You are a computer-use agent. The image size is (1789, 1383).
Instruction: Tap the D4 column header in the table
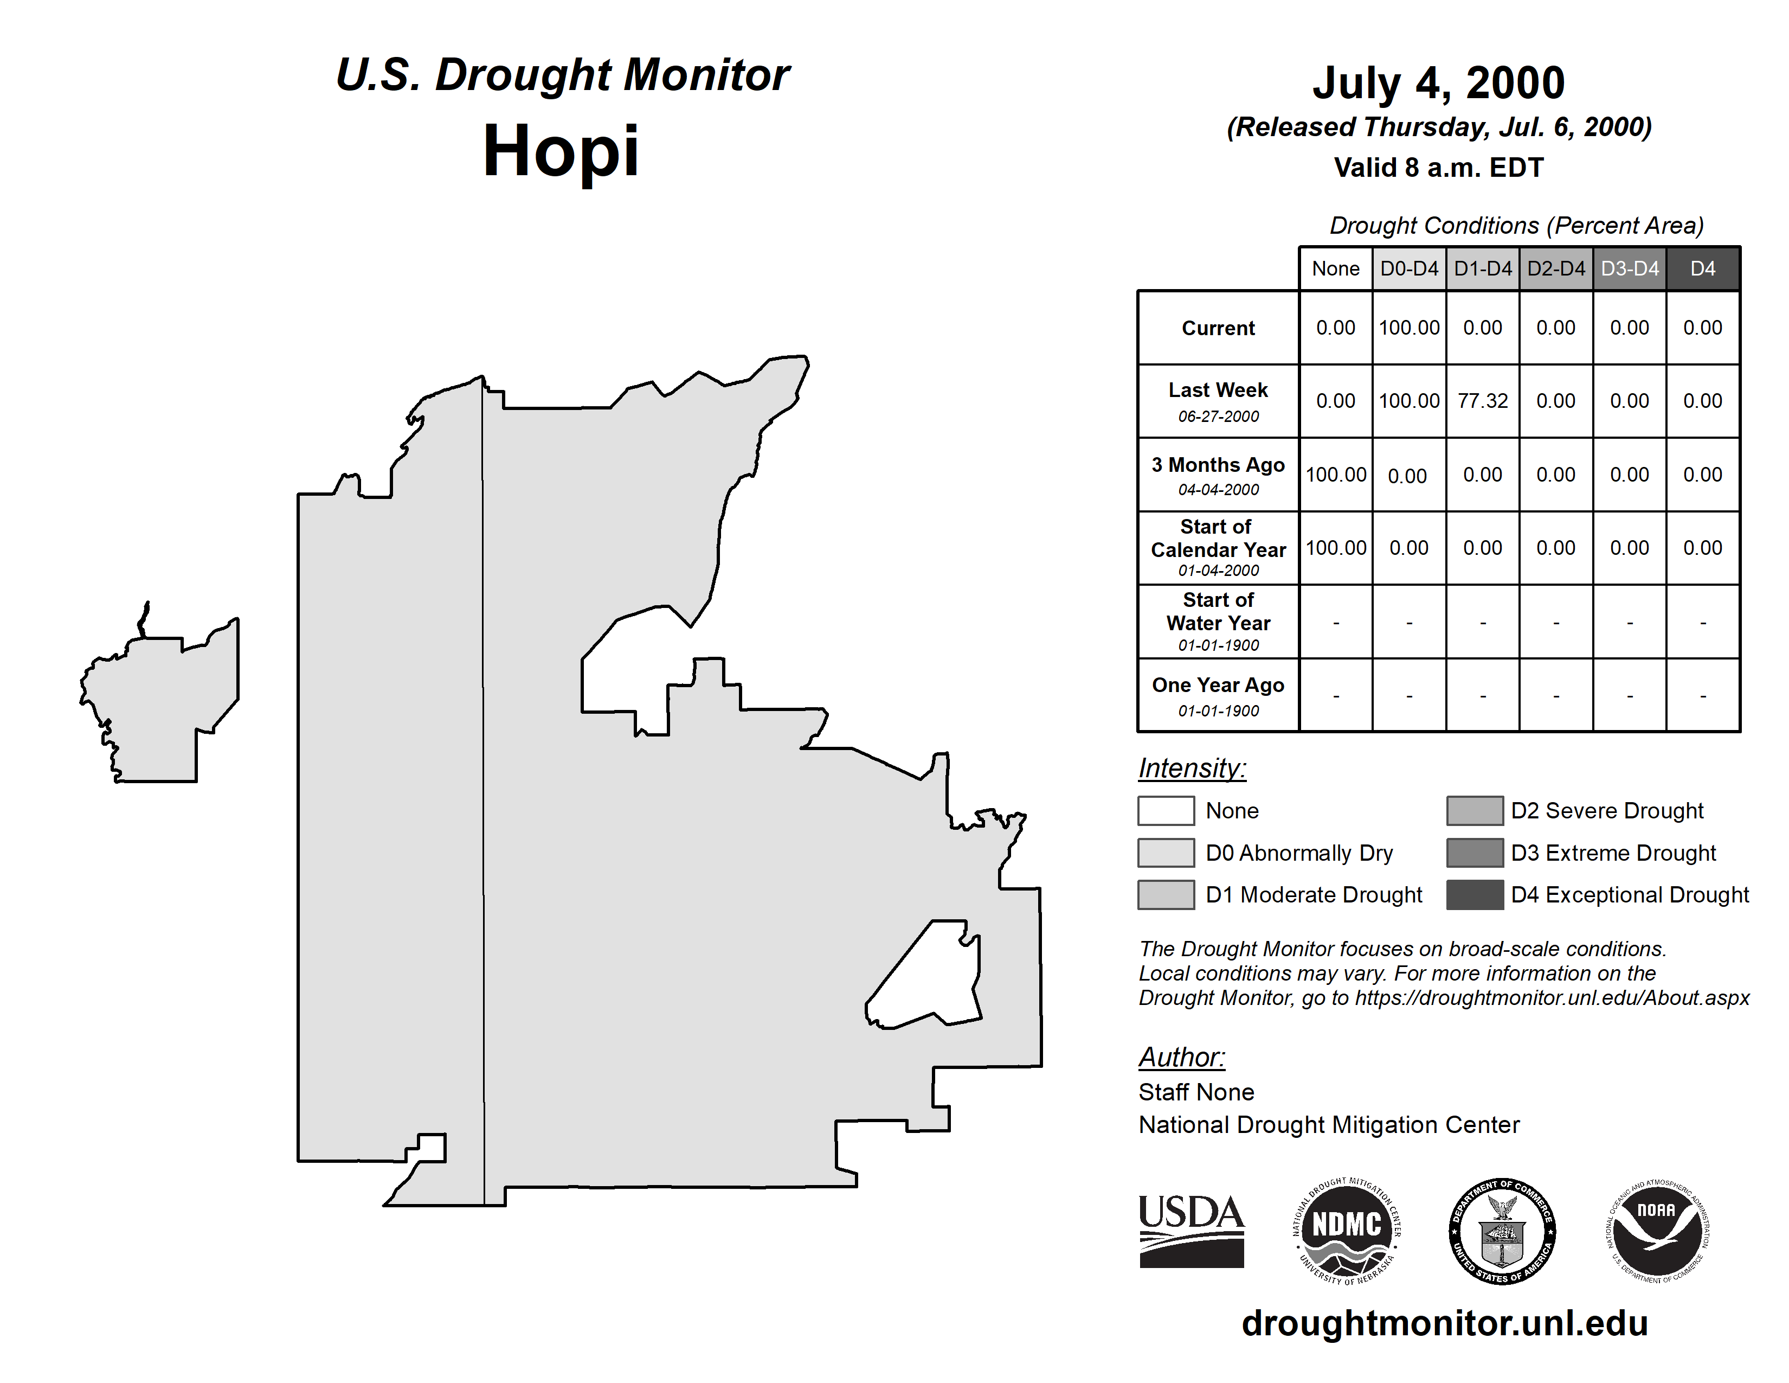coord(1702,268)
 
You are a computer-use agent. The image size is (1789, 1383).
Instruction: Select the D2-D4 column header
coord(1555,268)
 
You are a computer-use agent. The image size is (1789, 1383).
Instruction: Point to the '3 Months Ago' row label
coord(1218,475)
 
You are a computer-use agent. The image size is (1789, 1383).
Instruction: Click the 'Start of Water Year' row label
coord(1218,622)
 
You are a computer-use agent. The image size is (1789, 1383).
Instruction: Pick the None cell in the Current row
coord(1335,328)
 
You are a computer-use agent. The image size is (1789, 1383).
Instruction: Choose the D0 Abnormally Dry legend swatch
coord(1166,852)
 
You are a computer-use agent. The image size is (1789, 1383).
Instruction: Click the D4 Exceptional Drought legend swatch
coord(1475,895)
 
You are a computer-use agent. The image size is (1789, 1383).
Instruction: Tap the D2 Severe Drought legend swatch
coord(1475,810)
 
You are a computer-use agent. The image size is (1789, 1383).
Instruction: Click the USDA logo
coord(1191,1231)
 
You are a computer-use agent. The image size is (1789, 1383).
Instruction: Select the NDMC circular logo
coord(1347,1231)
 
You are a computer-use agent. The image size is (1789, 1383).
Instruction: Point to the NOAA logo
coord(1656,1231)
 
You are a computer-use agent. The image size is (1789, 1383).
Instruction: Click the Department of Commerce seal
coord(1502,1231)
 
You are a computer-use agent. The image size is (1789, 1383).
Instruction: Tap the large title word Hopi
coord(561,151)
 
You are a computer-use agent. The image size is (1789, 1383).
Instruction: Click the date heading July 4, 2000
coord(1438,83)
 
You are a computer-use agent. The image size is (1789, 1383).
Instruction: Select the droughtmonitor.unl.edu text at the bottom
coord(1444,1323)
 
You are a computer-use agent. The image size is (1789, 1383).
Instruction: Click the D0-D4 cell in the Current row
coord(1409,328)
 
